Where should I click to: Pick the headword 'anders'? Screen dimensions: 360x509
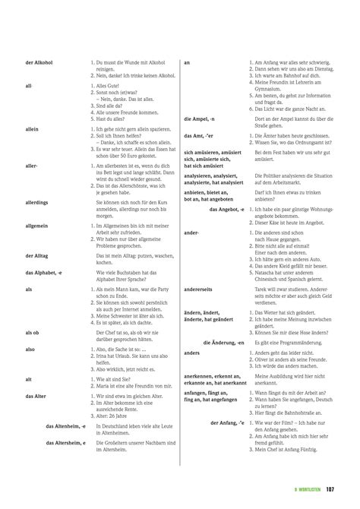pyautogui.click(x=191, y=353)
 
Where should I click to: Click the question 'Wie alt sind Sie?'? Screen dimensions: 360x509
pyautogui.click(x=112, y=378)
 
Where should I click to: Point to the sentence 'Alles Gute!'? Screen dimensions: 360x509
pyautogui.click(x=109, y=86)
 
